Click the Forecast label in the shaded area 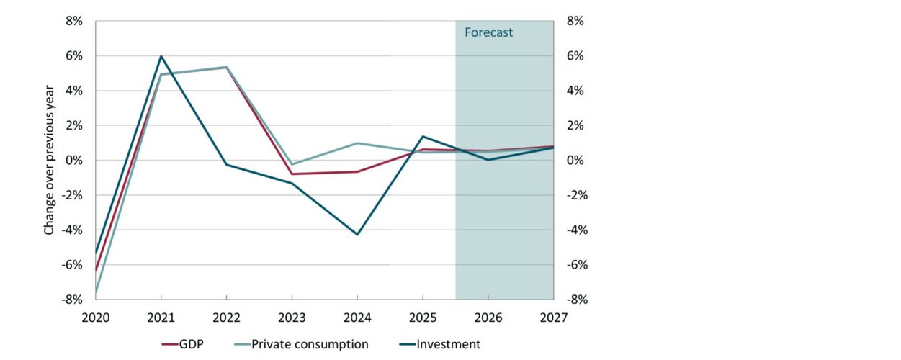(x=488, y=32)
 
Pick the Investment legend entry (x=440, y=344)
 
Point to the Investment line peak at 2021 (x=161, y=56)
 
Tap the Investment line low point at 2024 (x=357, y=234)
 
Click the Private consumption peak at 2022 (x=226, y=67)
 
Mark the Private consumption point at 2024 (x=357, y=143)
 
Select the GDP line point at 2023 (x=292, y=174)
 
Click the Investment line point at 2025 (x=423, y=136)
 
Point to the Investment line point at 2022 (x=226, y=165)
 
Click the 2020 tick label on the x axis (x=96, y=318)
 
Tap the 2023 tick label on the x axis (x=292, y=318)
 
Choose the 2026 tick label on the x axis (x=488, y=318)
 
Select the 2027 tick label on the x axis (x=553, y=318)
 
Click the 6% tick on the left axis (x=76, y=56)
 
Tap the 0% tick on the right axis (x=574, y=160)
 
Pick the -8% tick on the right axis (x=575, y=299)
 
